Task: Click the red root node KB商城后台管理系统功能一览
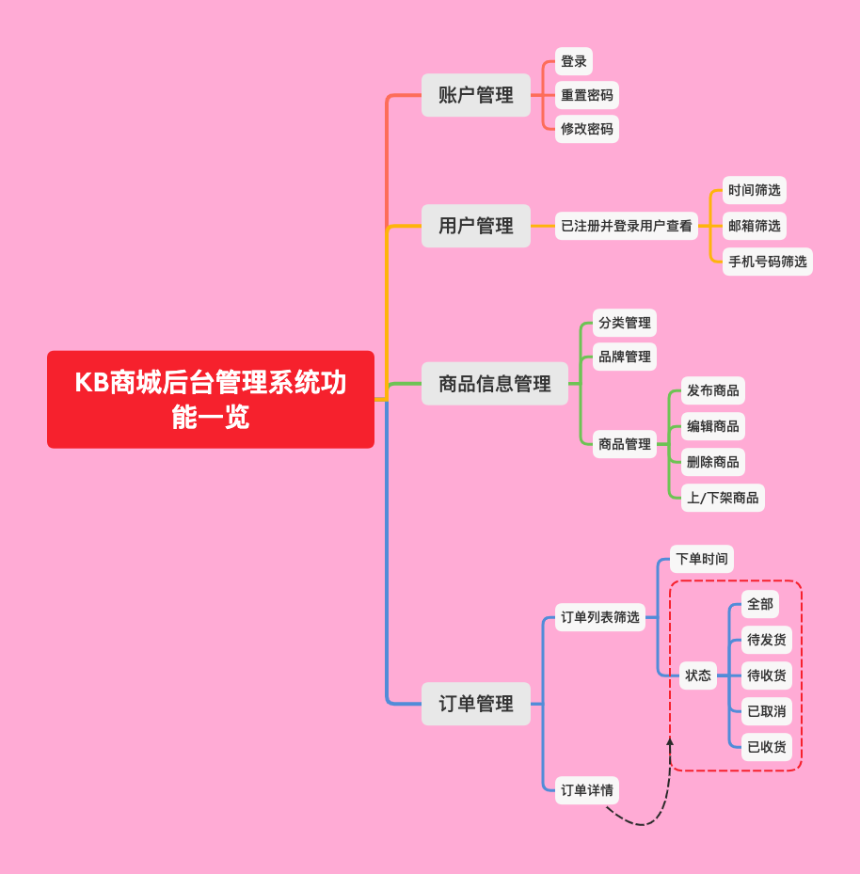(211, 399)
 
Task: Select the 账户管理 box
(476, 95)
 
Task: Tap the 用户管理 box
(476, 226)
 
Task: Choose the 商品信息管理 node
(495, 384)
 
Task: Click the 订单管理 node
(476, 704)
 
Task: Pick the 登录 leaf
(574, 61)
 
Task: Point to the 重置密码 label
(587, 95)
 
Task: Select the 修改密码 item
(587, 129)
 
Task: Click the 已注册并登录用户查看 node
(627, 226)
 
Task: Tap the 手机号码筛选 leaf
(768, 262)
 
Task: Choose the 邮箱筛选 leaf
(755, 226)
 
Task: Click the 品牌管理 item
(625, 357)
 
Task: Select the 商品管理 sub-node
(625, 444)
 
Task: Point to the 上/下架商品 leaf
(723, 498)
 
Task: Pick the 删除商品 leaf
(713, 462)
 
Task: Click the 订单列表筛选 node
(600, 617)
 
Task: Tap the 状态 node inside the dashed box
(698, 675)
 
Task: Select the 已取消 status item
(767, 711)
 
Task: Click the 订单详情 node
(587, 790)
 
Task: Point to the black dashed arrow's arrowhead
(670, 742)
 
